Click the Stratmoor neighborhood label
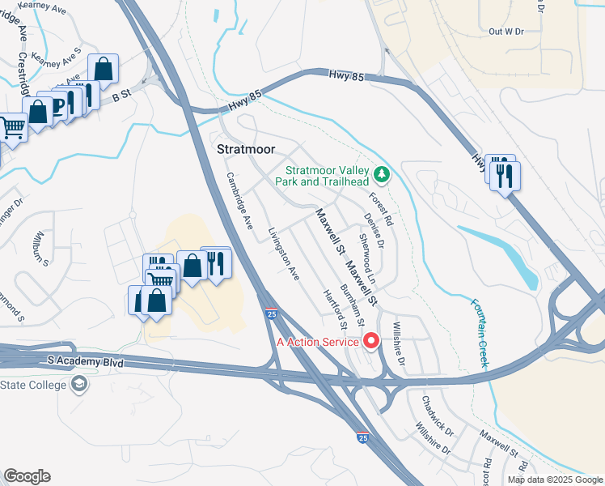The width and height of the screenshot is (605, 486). [246, 150]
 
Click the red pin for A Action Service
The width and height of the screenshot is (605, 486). [372, 340]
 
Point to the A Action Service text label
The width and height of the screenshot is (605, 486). [317, 341]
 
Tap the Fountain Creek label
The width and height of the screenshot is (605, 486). [480, 333]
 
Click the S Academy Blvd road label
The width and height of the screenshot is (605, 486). [86, 362]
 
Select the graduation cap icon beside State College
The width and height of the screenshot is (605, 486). [79, 384]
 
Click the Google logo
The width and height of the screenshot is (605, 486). [27, 476]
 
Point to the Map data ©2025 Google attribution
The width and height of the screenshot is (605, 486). [555, 480]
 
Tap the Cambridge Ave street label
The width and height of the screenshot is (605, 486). [240, 198]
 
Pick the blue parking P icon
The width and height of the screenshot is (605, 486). [57, 105]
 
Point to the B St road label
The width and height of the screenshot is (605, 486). [121, 96]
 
